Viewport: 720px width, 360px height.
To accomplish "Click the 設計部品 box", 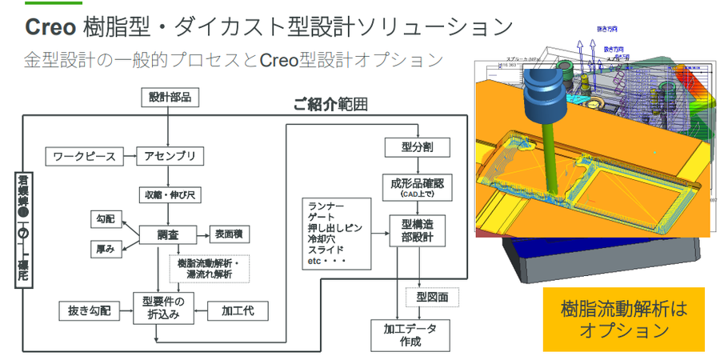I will coord(170,98).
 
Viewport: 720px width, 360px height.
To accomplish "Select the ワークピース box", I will coord(85,156).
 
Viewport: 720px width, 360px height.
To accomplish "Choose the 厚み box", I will coord(106,250).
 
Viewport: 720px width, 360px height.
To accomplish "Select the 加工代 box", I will coord(238,310).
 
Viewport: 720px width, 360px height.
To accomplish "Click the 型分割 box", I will coord(418,147).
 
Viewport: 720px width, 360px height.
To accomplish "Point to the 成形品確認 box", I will coord(418,188).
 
